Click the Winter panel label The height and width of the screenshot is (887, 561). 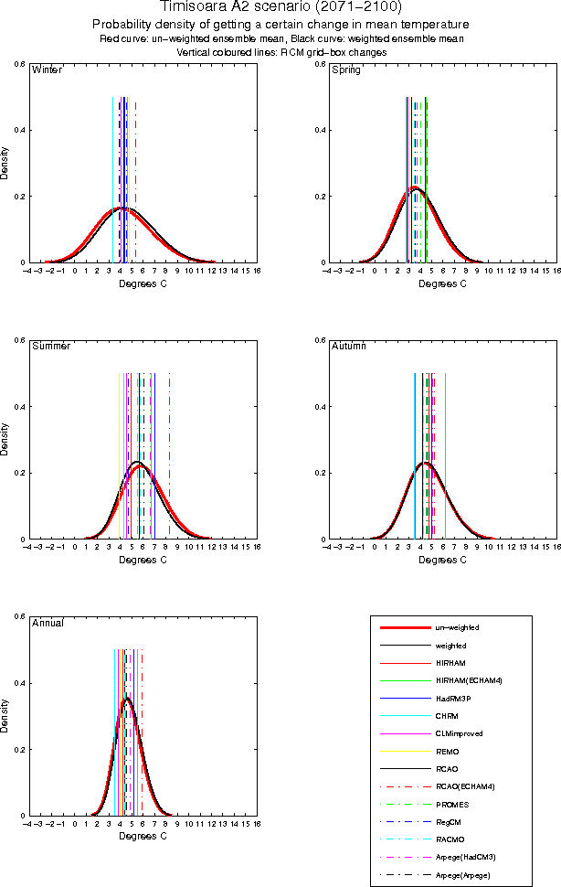pos(48,70)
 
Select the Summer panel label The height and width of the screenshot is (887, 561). pos(51,347)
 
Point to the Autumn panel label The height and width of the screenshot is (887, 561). pos(348,347)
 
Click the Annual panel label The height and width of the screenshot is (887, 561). pos(48,623)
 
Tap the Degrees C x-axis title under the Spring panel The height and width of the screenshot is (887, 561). pos(442,283)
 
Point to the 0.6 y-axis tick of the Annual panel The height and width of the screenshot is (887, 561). pos(19,616)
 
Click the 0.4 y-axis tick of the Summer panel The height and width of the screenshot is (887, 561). pos(19,407)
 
